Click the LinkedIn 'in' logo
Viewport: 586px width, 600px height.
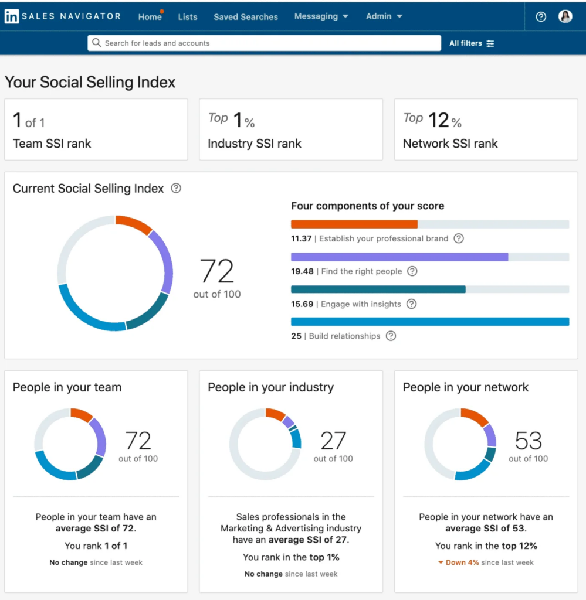click(x=11, y=16)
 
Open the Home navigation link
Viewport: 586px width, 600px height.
click(x=150, y=17)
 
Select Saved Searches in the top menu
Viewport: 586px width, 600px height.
click(x=246, y=17)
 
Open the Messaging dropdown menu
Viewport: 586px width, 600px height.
click(x=321, y=16)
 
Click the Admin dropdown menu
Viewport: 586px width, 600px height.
click(x=384, y=16)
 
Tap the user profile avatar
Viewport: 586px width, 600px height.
click(x=565, y=16)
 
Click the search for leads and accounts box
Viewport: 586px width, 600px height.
click(x=264, y=43)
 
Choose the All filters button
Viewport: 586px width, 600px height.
click(x=472, y=43)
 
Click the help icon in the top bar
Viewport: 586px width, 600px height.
click(x=541, y=17)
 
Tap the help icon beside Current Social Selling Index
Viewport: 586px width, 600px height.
click(x=176, y=189)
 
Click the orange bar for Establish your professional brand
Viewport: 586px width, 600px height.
click(x=354, y=224)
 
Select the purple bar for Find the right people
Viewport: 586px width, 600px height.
click(x=399, y=257)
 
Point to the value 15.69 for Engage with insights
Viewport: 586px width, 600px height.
click(x=302, y=304)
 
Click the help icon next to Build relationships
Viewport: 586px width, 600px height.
click(x=391, y=336)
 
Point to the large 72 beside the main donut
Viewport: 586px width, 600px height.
click(x=217, y=272)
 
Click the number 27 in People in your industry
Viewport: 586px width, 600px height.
click(x=333, y=441)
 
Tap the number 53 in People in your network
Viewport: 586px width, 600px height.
click(x=528, y=441)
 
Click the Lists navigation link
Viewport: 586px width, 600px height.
click(x=188, y=17)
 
